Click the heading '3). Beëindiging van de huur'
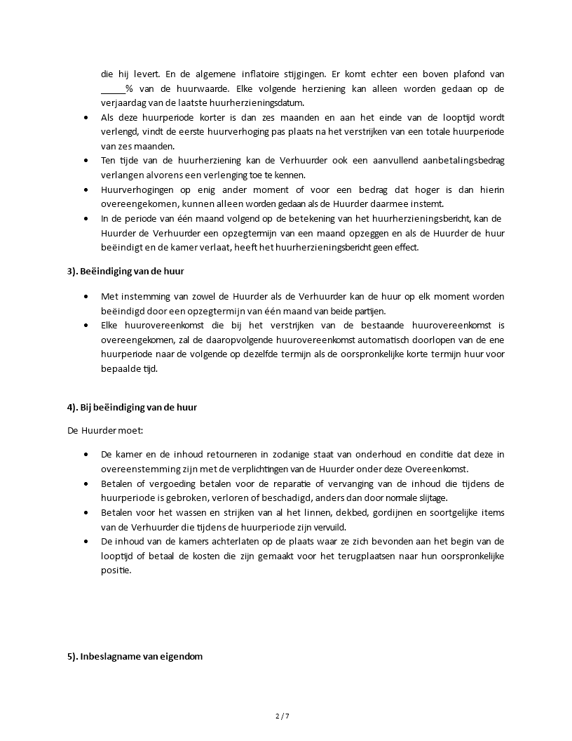point(125,271)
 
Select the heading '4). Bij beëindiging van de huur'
point(132,407)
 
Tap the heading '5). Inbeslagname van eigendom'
point(135,657)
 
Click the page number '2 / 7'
point(282,716)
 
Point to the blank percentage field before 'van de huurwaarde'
point(112,88)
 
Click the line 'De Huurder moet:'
point(100,430)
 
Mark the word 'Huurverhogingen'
point(135,190)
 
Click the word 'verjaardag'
point(123,103)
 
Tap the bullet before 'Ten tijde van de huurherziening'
point(86,161)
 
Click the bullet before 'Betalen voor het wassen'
point(86,513)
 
